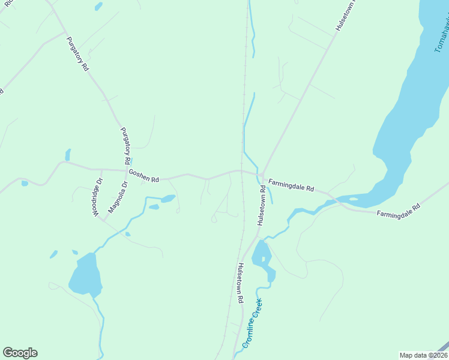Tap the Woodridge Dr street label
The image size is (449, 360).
[x=98, y=197]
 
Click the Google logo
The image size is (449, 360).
[x=20, y=353]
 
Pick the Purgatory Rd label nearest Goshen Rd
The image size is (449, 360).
[x=125, y=146]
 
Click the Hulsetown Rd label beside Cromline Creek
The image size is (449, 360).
[x=240, y=283]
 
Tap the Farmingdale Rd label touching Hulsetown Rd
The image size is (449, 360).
[x=291, y=184]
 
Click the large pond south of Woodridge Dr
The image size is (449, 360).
[x=85, y=274]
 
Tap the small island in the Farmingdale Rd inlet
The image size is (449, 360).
[x=353, y=199]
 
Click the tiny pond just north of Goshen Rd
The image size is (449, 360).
[x=68, y=155]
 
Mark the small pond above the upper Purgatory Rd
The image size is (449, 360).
[x=98, y=7]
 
